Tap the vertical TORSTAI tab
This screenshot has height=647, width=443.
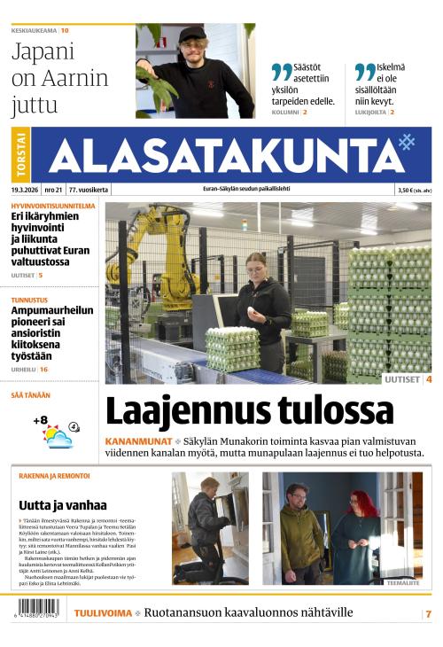pos(21,155)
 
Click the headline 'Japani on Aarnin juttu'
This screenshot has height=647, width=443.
pos(59,78)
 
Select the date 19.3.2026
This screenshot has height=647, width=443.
pos(27,190)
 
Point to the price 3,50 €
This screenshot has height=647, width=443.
pos(407,190)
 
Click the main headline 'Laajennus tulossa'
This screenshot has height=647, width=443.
pos(249,410)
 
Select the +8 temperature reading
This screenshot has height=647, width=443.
pos(40,420)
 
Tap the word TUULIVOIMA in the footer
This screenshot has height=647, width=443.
pos(103,612)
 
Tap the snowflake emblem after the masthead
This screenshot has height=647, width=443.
pos(407,141)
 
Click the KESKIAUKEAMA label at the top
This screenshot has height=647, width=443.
pos(35,31)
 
